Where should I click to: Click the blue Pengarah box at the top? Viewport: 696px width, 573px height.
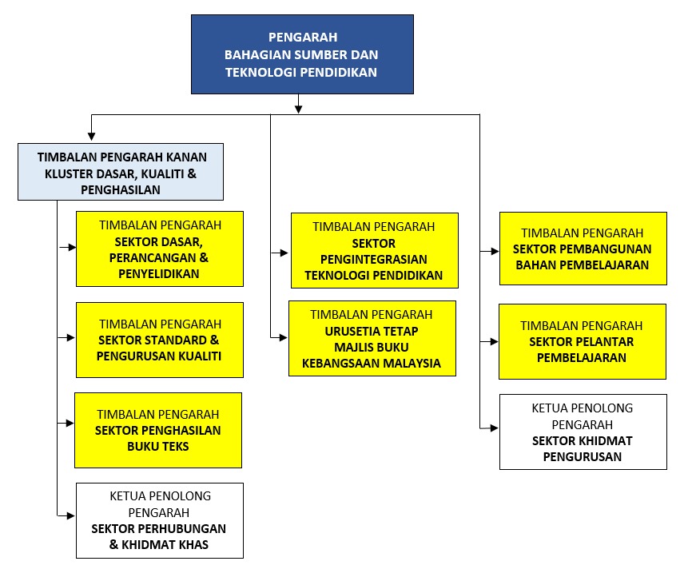tap(302, 54)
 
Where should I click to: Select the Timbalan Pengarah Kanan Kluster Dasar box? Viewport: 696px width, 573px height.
tap(121, 171)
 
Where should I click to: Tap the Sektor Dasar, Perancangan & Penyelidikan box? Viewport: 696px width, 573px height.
tap(160, 249)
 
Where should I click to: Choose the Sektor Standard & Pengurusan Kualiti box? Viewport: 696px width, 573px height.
tap(160, 340)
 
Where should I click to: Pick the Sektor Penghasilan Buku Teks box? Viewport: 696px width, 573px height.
tap(158, 430)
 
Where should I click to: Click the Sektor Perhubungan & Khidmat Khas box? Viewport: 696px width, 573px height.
tap(160, 520)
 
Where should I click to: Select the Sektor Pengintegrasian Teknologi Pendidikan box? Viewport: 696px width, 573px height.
tap(375, 250)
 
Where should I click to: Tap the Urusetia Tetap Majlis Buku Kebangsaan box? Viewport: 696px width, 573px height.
tap(372, 338)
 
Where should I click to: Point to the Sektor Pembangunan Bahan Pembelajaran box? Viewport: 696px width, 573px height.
tap(583, 249)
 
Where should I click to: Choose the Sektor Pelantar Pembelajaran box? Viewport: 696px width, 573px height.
tap(582, 341)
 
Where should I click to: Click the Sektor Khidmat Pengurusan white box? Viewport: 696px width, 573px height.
tap(583, 432)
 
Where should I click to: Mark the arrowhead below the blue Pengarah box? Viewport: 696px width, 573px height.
tap(298, 108)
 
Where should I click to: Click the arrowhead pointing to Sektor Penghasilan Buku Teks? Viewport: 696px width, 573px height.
tap(71, 421)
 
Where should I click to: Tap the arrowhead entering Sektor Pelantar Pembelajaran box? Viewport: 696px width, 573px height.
tap(495, 341)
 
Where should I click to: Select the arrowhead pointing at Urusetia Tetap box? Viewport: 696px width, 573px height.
tap(283, 338)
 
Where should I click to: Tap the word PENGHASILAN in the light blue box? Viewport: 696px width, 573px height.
tap(121, 190)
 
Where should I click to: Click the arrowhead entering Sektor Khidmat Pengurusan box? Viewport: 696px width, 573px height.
tap(495, 429)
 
